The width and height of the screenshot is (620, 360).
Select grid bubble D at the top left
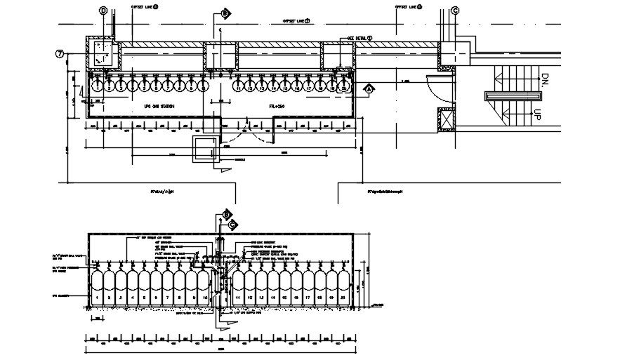click(103, 11)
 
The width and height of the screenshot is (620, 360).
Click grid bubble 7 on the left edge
click(60, 53)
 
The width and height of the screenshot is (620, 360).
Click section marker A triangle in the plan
click(368, 89)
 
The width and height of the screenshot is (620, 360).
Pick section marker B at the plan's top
click(225, 13)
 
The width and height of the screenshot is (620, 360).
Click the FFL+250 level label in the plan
click(279, 106)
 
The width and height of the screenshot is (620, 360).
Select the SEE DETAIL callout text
click(357, 39)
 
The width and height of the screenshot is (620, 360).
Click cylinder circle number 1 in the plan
click(98, 88)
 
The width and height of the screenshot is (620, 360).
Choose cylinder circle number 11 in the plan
click(239, 88)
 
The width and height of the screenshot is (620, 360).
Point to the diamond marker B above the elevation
click(226, 215)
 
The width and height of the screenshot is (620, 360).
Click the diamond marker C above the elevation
click(233, 225)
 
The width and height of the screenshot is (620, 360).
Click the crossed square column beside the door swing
click(446, 120)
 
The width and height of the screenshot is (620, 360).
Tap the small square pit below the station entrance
click(205, 149)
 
